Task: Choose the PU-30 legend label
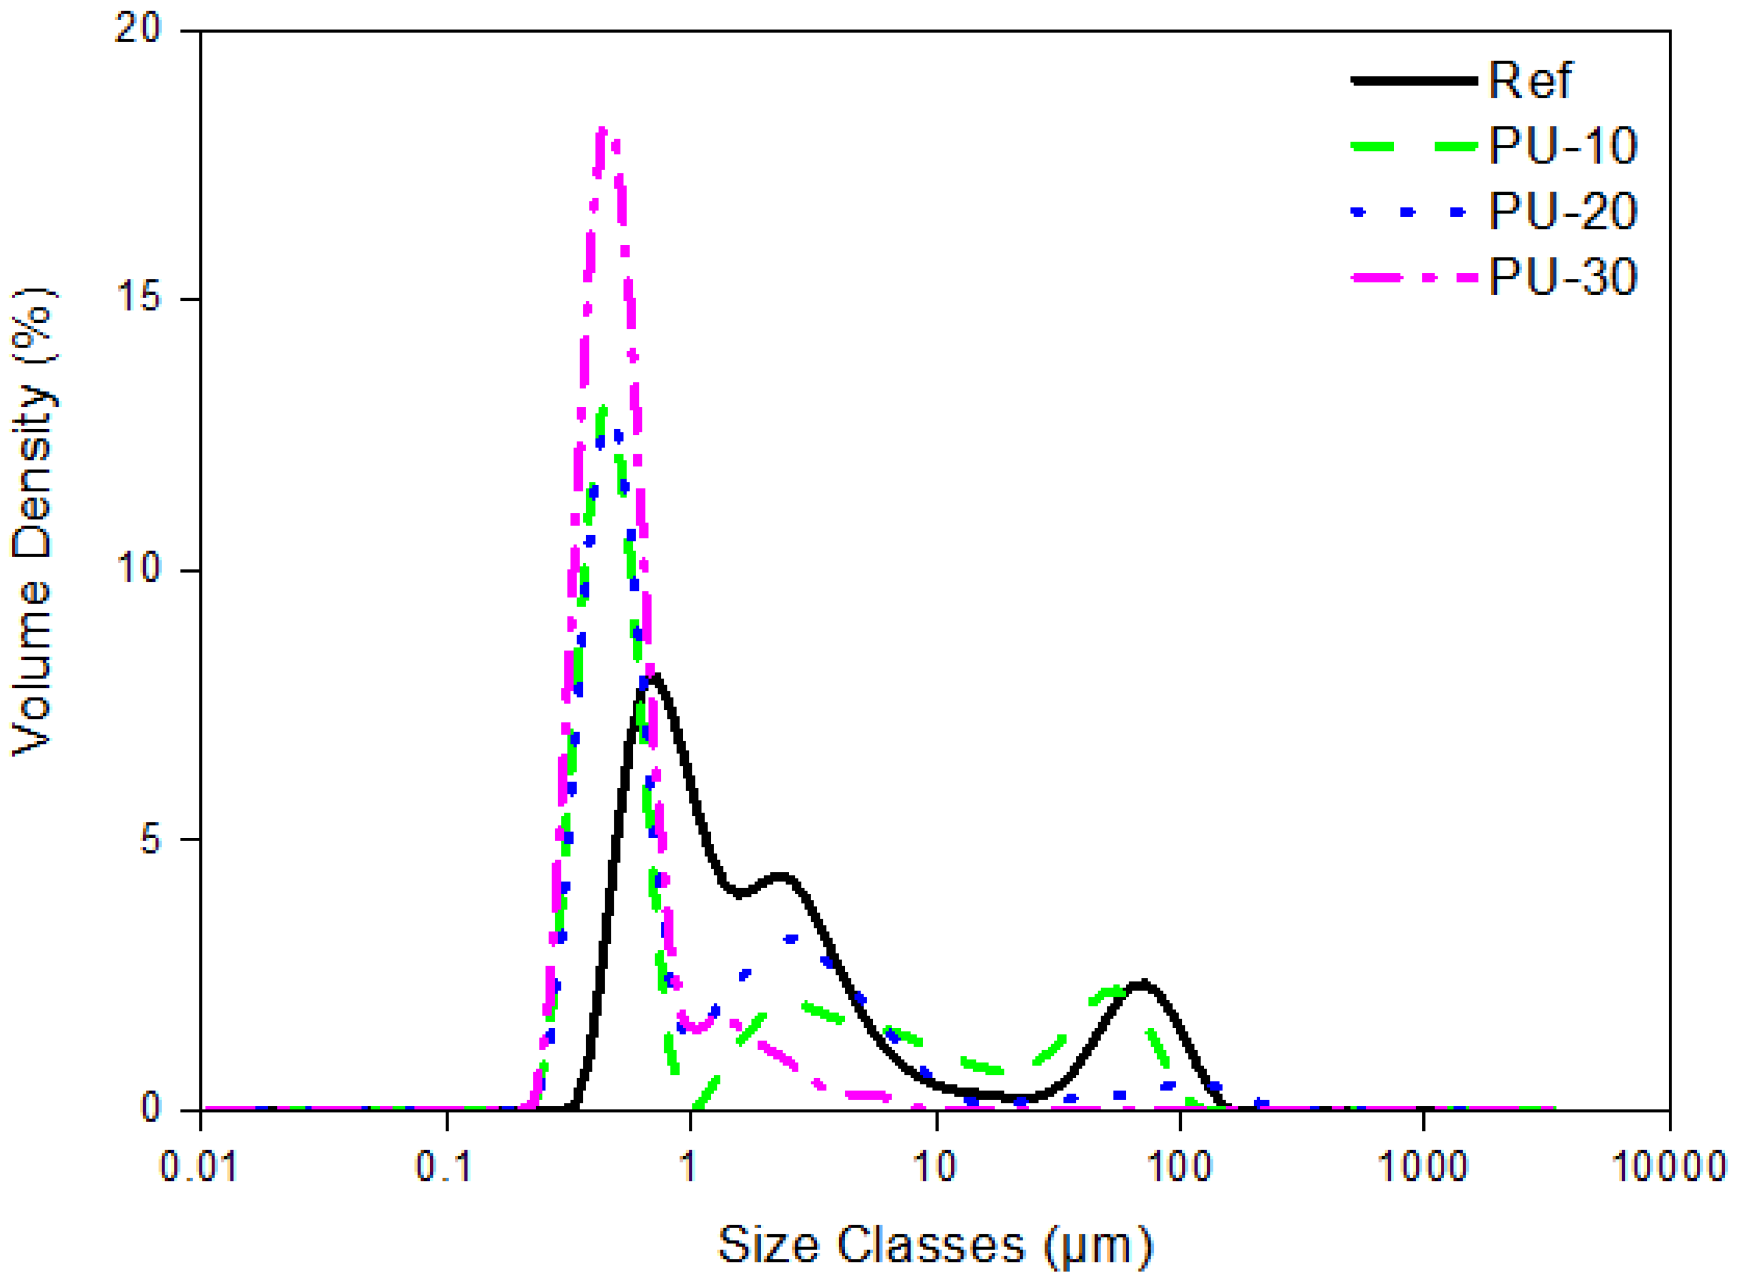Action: click(x=1563, y=276)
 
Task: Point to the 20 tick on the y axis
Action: click(x=138, y=30)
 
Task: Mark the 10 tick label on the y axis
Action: click(x=138, y=569)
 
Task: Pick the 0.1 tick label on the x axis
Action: click(x=445, y=1167)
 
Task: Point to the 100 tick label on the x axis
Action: click(x=1179, y=1167)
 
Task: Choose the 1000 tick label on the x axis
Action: click(x=1423, y=1167)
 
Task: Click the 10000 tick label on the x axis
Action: click(x=1668, y=1167)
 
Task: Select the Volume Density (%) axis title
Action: click(x=33, y=522)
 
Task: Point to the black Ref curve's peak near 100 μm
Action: click(x=1141, y=984)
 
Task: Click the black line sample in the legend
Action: click(x=1413, y=81)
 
